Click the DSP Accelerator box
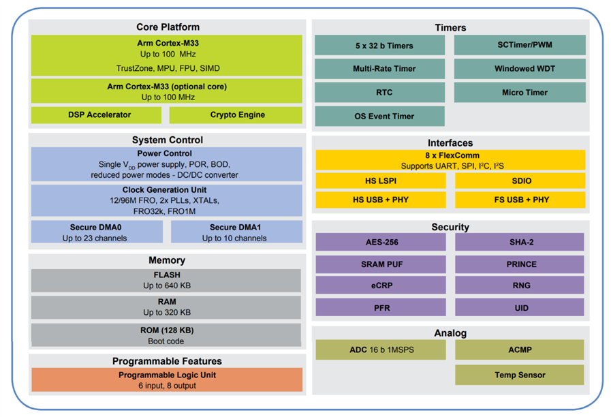tap(99, 115)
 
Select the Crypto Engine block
tap(236, 115)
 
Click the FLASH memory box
tap(166, 280)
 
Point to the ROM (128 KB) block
tap(166, 335)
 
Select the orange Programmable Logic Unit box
tap(167, 380)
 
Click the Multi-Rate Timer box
tap(379, 69)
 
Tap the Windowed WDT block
tap(520, 69)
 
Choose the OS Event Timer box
tap(379, 116)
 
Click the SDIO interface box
tap(520, 181)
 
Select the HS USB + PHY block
tap(380, 200)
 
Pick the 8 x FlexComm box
tap(450, 160)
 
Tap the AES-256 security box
tap(380, 243)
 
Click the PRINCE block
tap(520, 264)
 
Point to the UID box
tap(520, 308)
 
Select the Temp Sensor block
tap(520, 375)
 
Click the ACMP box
tap(520, 350)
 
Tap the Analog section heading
tap(450, 333)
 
